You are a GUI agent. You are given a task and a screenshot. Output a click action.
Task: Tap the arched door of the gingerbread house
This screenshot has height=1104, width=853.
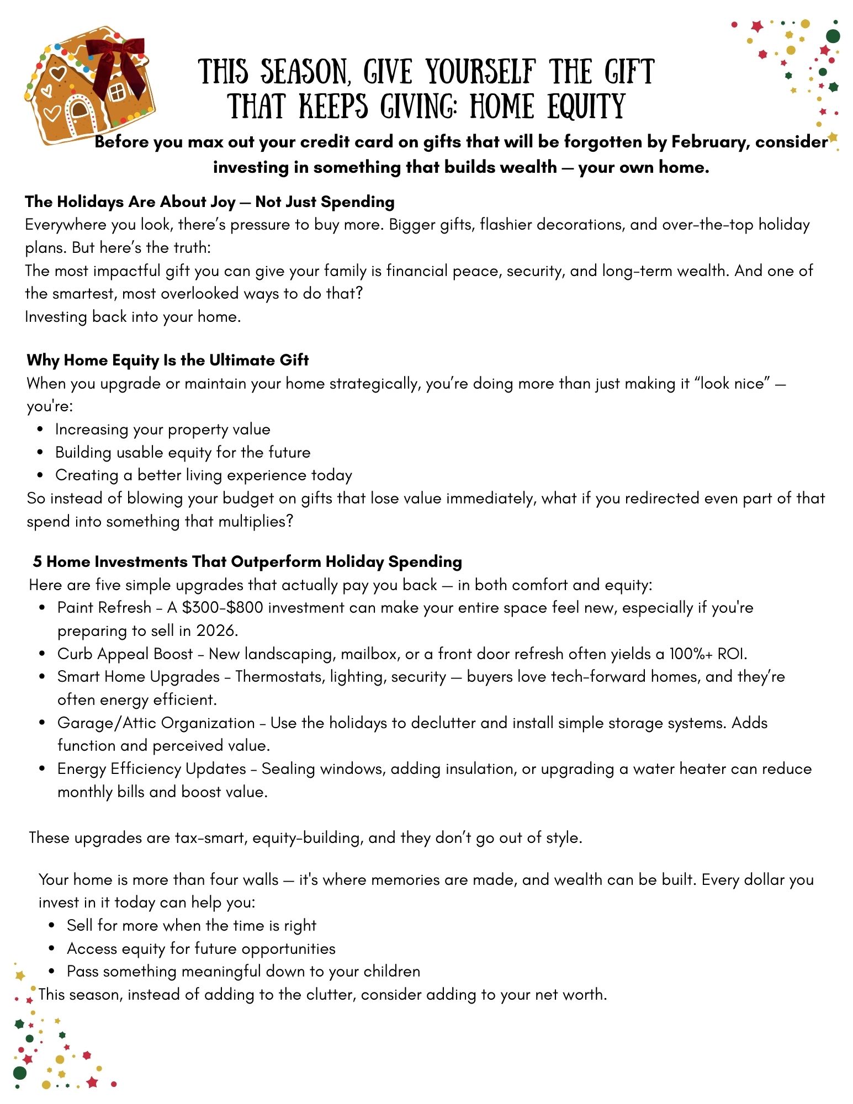click(x=79, y=110)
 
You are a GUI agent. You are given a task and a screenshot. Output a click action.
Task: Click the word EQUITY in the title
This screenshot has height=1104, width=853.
click(x=586, y=107)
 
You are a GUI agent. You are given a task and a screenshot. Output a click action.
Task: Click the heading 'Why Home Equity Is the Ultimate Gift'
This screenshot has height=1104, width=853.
click(x=167, y=360)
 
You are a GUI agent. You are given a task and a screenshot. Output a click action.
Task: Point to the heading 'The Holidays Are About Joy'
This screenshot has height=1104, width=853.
click(x=130, y=201)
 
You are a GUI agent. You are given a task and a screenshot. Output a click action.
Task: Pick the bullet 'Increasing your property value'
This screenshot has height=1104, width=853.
click(x=162, y=429)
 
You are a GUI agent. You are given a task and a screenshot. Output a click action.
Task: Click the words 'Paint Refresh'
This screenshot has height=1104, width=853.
click(x=104, y=607)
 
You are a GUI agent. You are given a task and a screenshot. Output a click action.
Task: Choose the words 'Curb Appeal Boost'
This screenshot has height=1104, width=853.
click(x=125, y=654)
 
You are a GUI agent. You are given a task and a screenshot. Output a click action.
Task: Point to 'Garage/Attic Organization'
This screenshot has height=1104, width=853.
click(x=156, y=723)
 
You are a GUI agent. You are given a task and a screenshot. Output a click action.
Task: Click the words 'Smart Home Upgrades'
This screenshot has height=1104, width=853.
click(x=138, y=676)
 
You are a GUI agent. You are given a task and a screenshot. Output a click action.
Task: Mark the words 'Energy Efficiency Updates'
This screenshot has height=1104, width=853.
click(x=151, y=768)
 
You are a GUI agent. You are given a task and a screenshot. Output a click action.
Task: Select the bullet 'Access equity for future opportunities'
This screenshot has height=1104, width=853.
click(x=201, y=948)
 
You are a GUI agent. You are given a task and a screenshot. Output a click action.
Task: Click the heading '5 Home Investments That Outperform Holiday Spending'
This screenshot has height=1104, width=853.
click(x=247, y=561)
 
